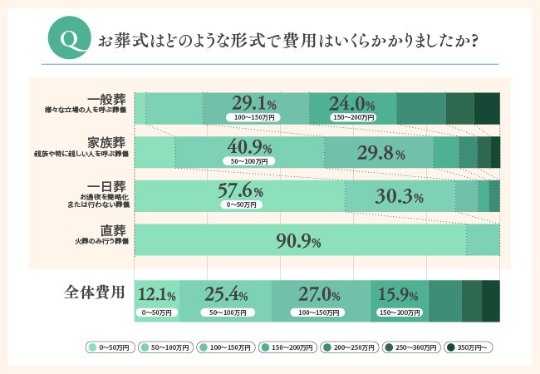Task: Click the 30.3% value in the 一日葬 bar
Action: click(x=400, y=197)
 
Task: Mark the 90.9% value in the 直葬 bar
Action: click(x=298, y=241)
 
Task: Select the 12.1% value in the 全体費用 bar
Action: click(x=156, y=294)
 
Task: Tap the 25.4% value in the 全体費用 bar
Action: click(x=225, y=294)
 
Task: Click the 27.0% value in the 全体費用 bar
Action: click(x=319, y=294)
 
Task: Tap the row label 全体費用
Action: click(x=95, y=293)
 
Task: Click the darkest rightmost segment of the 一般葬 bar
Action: click(x=487, y=108)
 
